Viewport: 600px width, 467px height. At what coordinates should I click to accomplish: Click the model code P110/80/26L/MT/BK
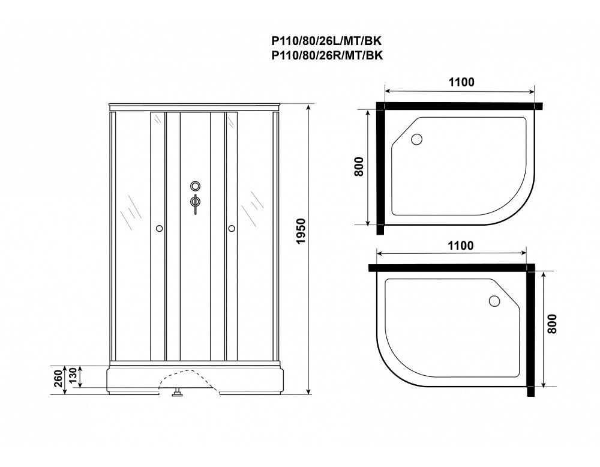327,41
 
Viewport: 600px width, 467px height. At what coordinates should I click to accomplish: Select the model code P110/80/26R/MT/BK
327,55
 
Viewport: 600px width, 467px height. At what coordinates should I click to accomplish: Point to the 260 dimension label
58,379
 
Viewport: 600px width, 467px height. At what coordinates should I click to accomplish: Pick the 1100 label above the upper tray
461,82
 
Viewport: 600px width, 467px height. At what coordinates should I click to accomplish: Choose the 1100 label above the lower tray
460,246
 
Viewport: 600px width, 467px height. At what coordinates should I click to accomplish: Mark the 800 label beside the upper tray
359,167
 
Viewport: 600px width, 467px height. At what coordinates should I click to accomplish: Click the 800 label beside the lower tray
551,324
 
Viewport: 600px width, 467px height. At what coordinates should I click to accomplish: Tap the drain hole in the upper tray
416,139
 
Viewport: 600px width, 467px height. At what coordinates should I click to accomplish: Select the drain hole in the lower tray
494,301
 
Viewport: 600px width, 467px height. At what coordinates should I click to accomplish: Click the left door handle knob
159,229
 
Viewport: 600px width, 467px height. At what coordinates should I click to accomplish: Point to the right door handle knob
231,229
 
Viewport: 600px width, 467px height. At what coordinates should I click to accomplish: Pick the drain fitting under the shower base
177,393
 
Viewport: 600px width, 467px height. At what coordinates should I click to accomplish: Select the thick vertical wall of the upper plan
380,169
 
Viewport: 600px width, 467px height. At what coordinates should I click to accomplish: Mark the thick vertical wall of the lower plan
530,330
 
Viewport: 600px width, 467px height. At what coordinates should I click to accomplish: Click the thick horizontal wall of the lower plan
452,268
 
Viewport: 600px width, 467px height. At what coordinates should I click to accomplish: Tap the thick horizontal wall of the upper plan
459,106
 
